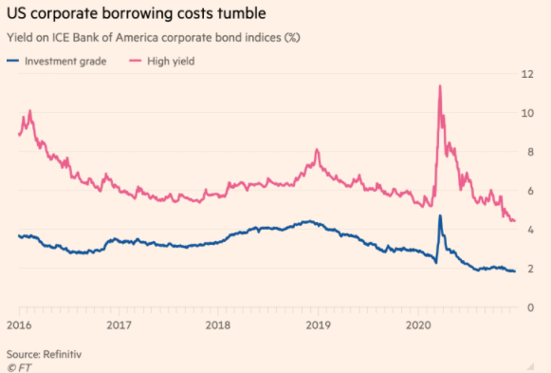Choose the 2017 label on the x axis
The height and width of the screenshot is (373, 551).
(119, 324)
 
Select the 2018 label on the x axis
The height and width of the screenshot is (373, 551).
(219, 324)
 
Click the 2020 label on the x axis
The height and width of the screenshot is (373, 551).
(418, 324)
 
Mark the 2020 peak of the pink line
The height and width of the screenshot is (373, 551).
(440, 86)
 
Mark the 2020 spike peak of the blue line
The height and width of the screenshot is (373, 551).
(440, 215)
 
